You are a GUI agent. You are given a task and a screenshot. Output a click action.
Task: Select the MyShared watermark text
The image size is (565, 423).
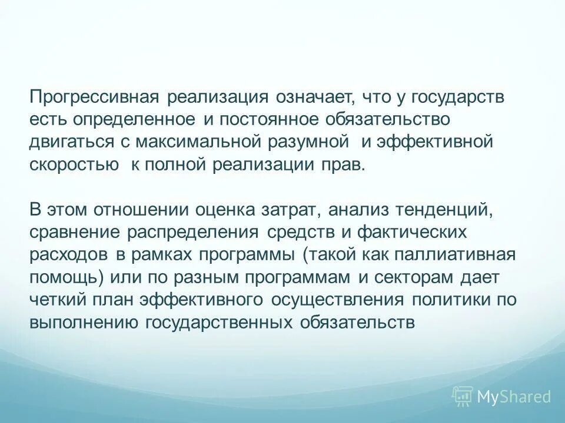click(x=514, y=397)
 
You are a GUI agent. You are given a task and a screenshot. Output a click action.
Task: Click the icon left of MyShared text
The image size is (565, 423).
click(x=462, y=396)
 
